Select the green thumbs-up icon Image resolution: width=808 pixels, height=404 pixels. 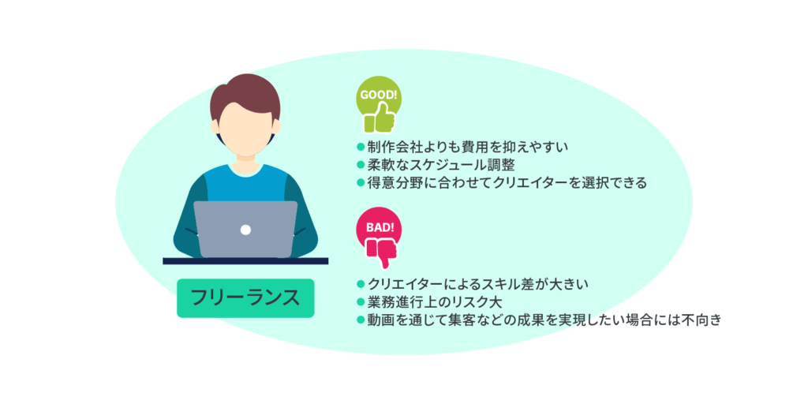pyautogui.click(x=380, y=119)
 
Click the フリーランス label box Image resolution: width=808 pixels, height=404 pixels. pyautogui.click(x=245, y=298)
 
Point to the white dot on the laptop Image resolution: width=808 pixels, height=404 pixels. pyautogui.click(x=245, y=230)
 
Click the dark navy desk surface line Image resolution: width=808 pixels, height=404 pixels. pyautogui.click(x=245, y=260)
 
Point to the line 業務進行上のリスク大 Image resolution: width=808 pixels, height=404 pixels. pyautogui.click(x=435, y=302)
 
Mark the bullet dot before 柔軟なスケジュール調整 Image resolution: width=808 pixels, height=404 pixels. pyautogui.click(x=361, y=165)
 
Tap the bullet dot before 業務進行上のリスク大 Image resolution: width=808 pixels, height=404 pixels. pyautogui.click(x=361, y=302)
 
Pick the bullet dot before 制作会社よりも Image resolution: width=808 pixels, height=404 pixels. pyautogui.click(x=361, y=147)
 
